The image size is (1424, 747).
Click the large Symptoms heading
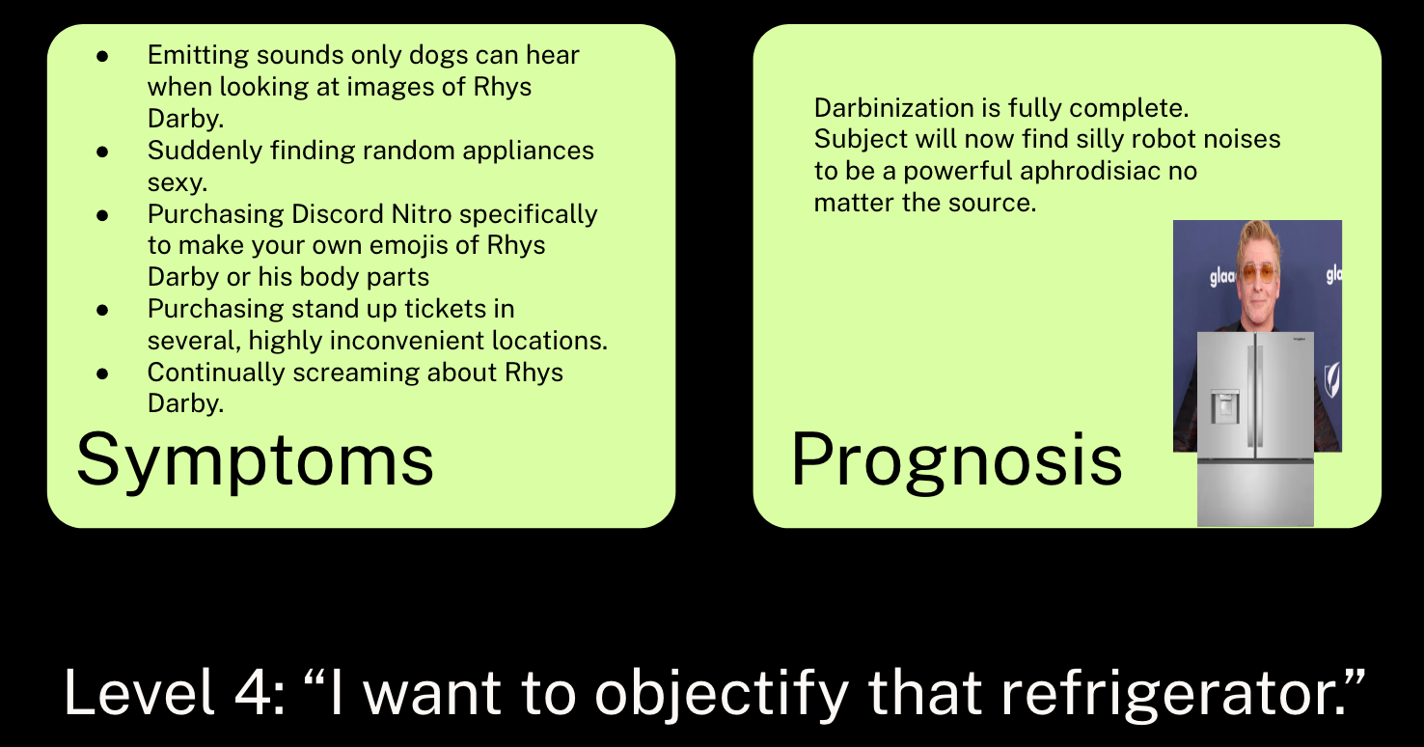[x=255, y=459]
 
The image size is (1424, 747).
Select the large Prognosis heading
[x=956, y=459]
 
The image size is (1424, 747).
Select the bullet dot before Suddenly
[x=103, y=152]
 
